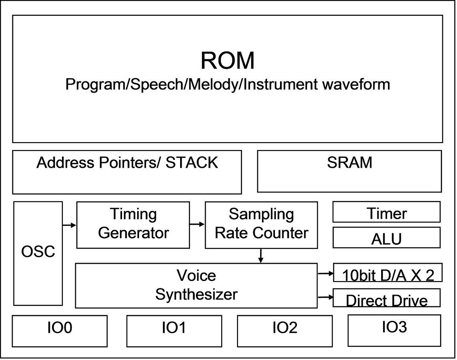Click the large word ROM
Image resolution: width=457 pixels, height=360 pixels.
pos(228,60)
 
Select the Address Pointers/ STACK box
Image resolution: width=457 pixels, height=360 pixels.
pos(127,172)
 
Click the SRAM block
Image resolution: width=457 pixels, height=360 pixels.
pos(350,171)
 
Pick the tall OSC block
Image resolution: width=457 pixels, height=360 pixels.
pos(38,253)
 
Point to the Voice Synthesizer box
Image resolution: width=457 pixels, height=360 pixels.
pos(196,285)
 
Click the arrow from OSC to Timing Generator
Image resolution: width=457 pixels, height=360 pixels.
pos(70,225)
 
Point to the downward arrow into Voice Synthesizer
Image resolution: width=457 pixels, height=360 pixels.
pos(261,255)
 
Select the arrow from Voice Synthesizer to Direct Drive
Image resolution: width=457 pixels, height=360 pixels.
pos(325,297)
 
